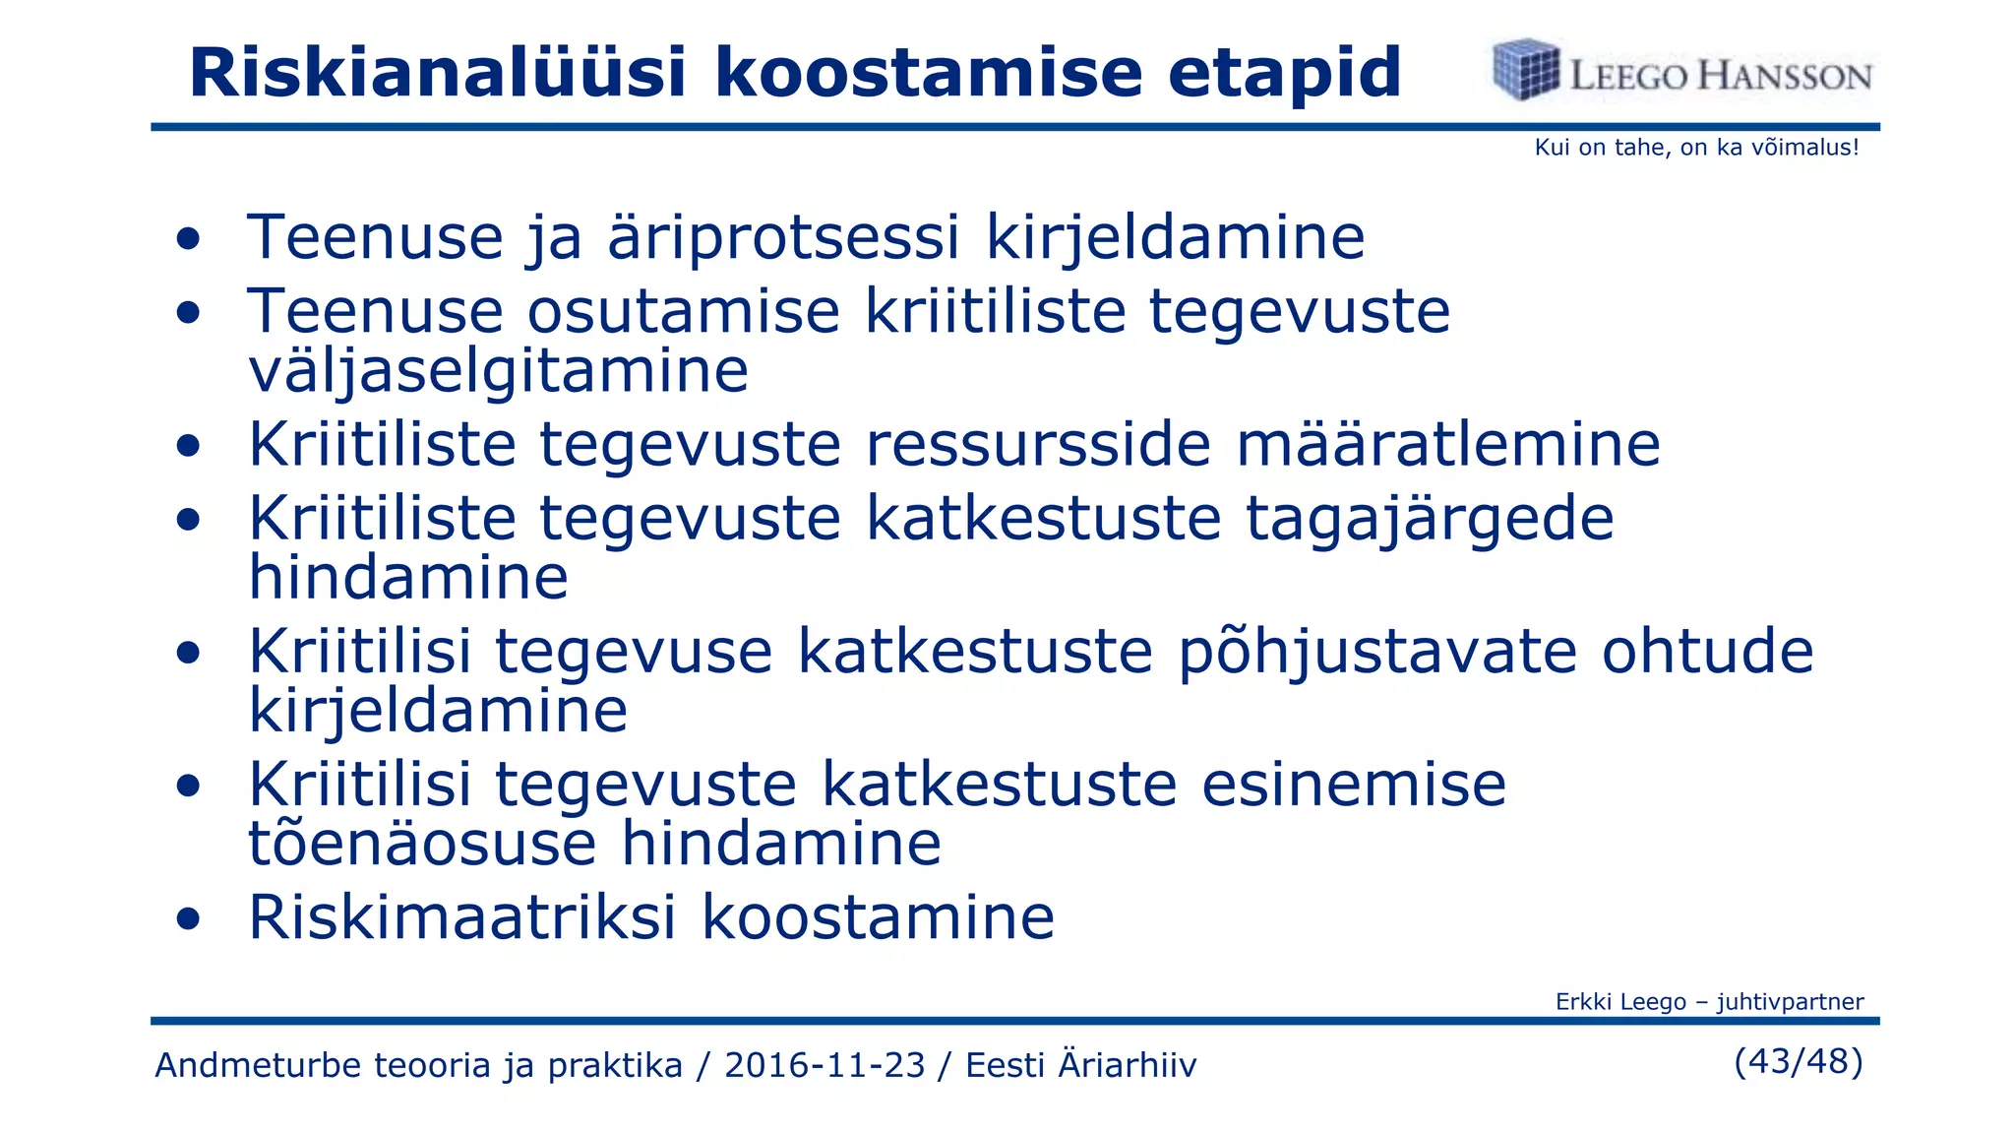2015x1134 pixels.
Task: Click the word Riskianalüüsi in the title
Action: coord(436,73)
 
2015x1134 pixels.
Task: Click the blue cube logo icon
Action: coord(1525,70)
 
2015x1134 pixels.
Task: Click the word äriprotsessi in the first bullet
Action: coord(783,238)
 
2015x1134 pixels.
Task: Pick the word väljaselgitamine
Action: coord(498,371)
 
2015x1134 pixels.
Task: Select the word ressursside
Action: coord(1038,444)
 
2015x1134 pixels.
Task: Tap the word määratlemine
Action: coord(1448,444)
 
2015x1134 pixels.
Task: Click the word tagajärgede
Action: coord(1430,519)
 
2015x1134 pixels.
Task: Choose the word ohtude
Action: coord(1707,652)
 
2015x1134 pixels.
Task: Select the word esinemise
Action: coord(1354,785)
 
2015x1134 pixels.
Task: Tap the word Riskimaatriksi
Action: coord(462,917)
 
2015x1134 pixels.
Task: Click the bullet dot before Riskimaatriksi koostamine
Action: coord(188,919)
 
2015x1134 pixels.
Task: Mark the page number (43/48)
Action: coord(1799,1061)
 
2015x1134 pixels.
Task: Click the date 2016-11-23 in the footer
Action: coord(824,1065)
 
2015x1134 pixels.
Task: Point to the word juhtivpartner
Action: coord(1790,1002)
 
